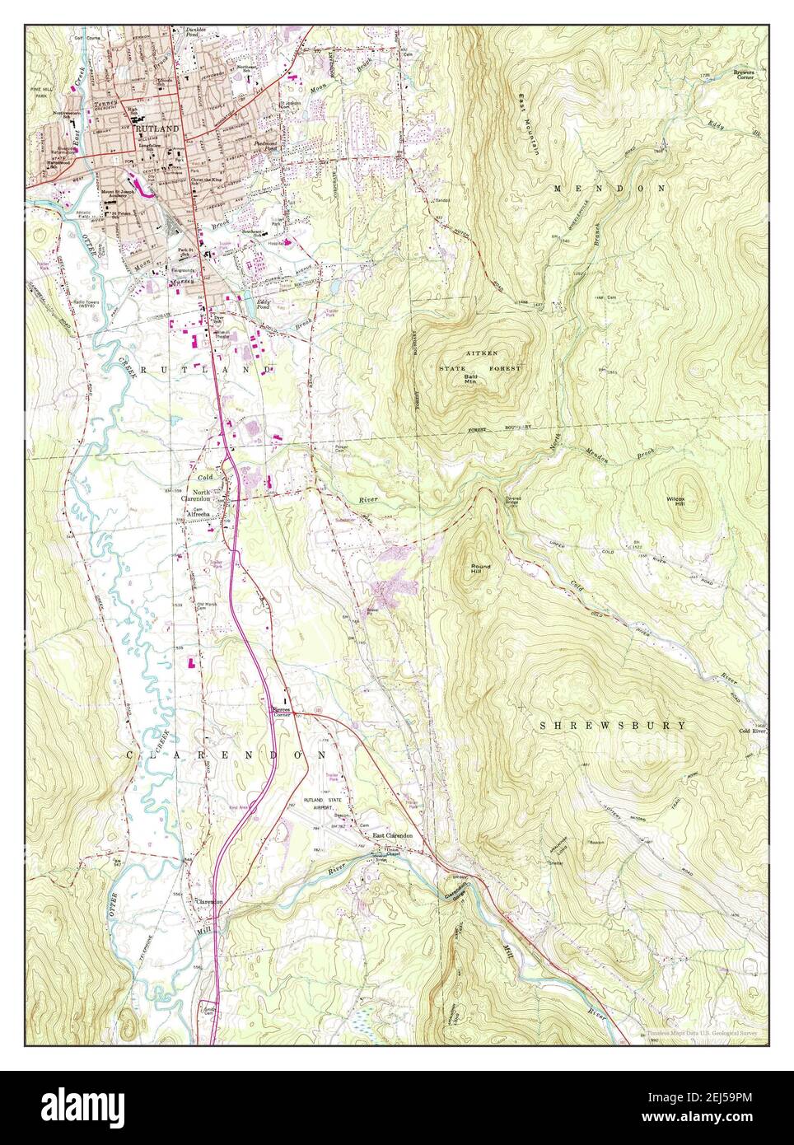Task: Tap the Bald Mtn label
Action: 471,378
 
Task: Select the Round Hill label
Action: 480,568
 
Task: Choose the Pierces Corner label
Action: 283,711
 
